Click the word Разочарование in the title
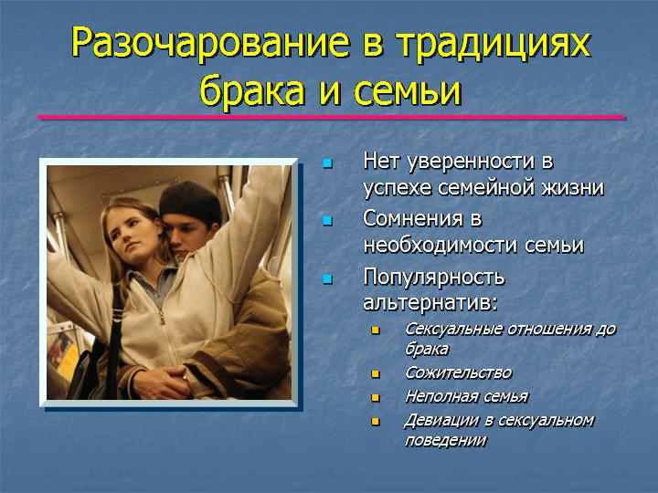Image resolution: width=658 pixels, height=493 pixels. click(x=210, y=44)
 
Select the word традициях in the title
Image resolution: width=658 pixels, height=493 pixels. click(x=493, y=46)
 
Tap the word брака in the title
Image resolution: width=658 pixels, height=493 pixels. click(x=252, y=89)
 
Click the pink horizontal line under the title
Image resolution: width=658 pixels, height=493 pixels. click(x=332, y=118)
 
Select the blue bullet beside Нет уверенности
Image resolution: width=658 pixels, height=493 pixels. click(x=327, y=163)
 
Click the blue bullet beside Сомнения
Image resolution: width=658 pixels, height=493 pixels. click(x=327, y=221)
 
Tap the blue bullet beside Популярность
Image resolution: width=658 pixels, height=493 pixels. click(x=327, y=278)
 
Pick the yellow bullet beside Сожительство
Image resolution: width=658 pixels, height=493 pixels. click(x=376, y=373)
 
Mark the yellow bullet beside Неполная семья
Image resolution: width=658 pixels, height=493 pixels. click(x=376, y=397)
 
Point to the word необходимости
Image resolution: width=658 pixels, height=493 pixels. click(x=441, y=245)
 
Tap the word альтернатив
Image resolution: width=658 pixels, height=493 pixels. click(x=427, y=303)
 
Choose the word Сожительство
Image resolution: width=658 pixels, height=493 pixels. click(x=458, y=372)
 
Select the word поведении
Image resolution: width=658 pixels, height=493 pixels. click(x=446, y=441)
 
